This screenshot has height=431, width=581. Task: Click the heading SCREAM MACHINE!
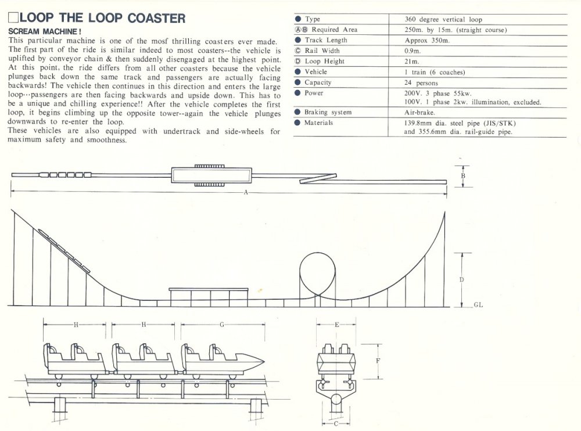(x=45, y=30)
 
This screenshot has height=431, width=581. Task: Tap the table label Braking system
(x=328, y=112)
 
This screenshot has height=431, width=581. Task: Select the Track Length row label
(x=325, y=40)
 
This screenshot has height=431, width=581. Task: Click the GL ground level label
(x=478, y=305)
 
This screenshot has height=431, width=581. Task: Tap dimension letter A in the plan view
(x=246, y=193)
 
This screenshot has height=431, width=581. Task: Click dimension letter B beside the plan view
(x=462, y=175)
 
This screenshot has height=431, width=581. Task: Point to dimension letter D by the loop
(x=461, y=279)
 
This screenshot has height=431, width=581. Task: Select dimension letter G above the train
(x=221, y=325)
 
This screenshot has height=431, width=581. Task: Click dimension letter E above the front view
(x=337, y=325)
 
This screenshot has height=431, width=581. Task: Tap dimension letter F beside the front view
(x=378, y=360)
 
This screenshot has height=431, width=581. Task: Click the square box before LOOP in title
(x=13, y=17)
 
